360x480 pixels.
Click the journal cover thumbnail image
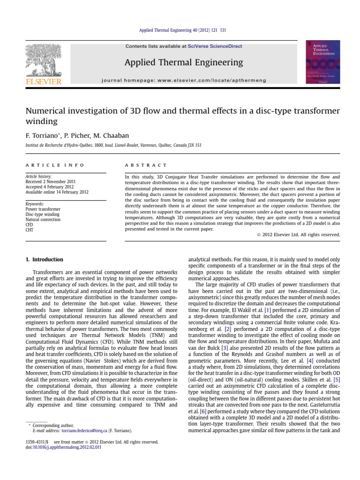tap(322, 62)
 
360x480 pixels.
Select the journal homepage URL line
tap(184, 81)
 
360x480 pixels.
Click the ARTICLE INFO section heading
tap(55, 165)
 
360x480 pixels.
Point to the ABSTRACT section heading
tap(146, 165)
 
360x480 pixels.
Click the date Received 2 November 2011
tap(50, 181)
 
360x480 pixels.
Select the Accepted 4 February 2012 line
tap(50, 187)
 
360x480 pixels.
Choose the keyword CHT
tap(30, 230)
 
